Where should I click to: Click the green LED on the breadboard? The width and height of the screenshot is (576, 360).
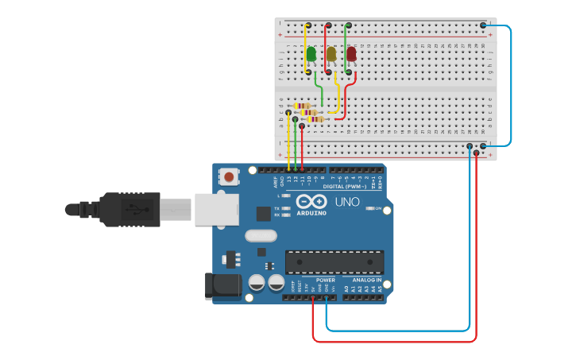click(311, 54)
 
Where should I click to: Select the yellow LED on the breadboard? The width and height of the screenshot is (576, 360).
click(331, 54)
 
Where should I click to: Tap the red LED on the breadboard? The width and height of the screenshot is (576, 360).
click(351, 54)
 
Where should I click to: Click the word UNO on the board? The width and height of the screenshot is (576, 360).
click(346, 202)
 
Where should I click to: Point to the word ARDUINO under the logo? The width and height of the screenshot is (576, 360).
click(311, 212)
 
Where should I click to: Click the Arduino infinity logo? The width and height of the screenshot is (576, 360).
click(311, 201)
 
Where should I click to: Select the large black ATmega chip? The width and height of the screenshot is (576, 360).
click(334, 261)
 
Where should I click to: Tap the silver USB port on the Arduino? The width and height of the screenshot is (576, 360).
click(216, 209)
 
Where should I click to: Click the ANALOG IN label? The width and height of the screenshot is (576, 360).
click(366, 281)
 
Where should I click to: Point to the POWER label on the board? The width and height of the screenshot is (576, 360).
click(326, 281)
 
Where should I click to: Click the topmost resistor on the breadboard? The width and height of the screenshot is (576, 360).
click(302, 106)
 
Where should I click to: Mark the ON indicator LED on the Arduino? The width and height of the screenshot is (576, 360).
click(370, 209)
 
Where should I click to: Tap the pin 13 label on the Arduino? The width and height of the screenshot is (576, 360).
click(288, 180)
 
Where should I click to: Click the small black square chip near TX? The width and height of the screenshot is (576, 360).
click(263, 213)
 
